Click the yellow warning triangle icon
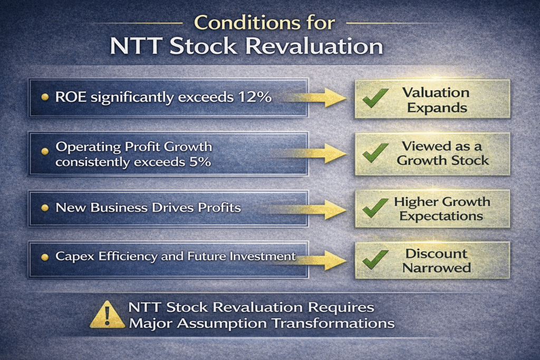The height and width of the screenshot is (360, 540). click(x=107, y=315)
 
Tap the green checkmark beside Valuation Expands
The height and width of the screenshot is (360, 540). click(x=375, y=98)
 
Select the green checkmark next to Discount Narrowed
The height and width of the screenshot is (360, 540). click(x=375, y=260)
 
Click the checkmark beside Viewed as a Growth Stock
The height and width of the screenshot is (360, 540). click(x=375, y=153)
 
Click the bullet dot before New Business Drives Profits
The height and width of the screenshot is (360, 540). click(x=45, y=208)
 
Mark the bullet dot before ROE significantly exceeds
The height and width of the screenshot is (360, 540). click(x=45, y=98)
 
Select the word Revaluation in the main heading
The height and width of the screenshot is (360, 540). click(x=315, y=46)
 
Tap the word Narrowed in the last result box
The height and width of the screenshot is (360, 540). click(x=437, y=268)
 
